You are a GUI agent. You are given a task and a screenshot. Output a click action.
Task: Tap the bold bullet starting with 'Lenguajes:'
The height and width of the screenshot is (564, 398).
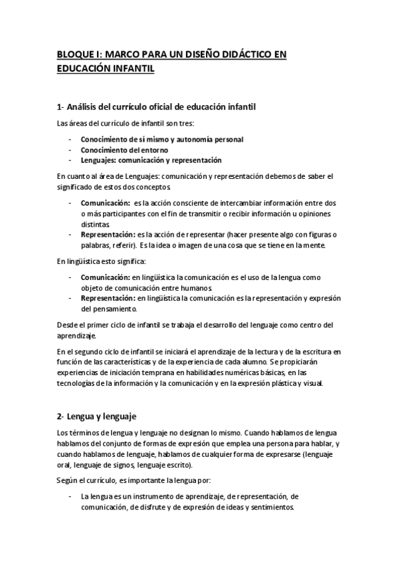[x=151, y=160]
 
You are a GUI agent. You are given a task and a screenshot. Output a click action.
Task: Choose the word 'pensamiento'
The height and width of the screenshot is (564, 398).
[x=109, y=309]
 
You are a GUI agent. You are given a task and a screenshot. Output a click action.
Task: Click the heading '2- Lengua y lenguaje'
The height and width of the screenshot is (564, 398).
[x=96, y=417]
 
